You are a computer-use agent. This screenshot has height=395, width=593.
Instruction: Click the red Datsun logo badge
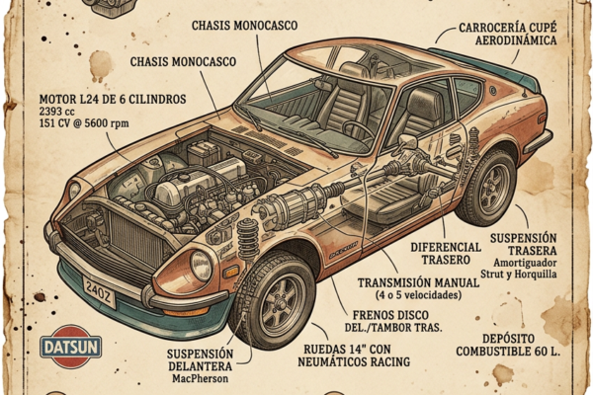click(70, 347)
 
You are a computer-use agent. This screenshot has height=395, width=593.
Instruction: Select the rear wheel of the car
click(485, 188)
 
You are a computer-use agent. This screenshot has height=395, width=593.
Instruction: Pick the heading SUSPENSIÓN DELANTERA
click(201, 359)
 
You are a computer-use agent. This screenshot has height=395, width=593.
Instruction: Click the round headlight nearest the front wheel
click(201, 264)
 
